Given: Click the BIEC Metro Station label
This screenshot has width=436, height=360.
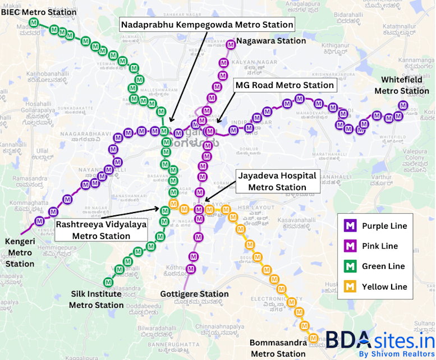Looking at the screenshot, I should (39, 12).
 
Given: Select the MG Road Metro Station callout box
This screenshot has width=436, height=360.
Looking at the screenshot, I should (284, 85).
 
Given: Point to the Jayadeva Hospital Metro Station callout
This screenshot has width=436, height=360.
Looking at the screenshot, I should (276, 181).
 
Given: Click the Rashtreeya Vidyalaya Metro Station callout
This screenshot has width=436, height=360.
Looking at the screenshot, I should (101, 230).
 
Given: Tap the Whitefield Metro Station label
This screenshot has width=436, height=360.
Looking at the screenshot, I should (401, 85).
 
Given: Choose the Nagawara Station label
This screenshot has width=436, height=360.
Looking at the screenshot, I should (271, 41).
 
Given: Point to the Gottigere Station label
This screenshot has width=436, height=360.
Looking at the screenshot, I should (194, 294).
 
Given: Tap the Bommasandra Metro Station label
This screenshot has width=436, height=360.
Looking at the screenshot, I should (278, 348).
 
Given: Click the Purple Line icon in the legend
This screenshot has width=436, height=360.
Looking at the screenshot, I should (351, 226).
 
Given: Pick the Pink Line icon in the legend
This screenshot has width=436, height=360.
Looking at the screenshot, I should (351, 246).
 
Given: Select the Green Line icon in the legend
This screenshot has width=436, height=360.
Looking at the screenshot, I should (351, 266).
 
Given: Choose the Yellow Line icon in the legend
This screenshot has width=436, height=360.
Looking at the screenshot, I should (351, 287).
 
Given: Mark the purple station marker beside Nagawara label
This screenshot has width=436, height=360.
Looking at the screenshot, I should (230, 45).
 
